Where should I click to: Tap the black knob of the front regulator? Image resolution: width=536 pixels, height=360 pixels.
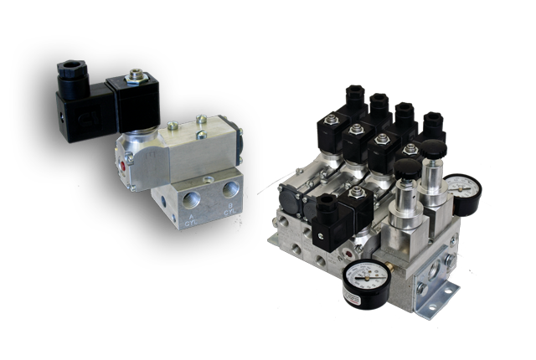pyautogui.click(x=405, y=172)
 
